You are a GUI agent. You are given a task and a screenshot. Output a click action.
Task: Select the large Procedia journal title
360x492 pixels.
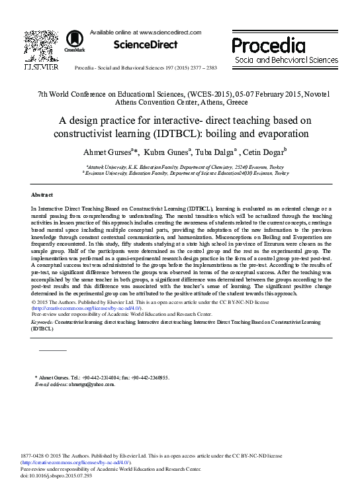[268, 45]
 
